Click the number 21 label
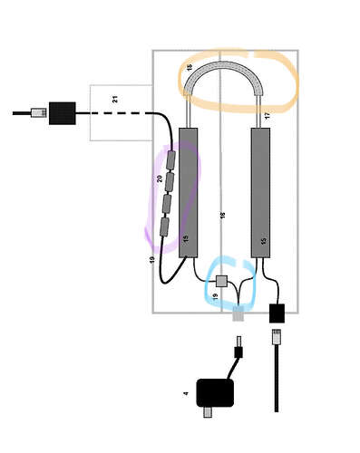pyautogui.click(x=115, y=99)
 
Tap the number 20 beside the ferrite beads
pyautogui.click(x=160, y=178)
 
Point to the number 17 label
pyautogui.click(x=267, y=116)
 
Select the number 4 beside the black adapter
pyautogui.click(x=186, y=393)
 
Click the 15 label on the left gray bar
pyautogui.click(x=186, y=238)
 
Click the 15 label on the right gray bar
pyautogui.click(x=264, y=241)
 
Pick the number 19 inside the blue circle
pyautogui.click(x=215, y=296)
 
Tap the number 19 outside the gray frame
pyautogui.click(x=152, y=260)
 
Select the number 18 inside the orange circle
pyautogui.click(x=190, y=67)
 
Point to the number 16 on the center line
pyautogui.click(x=223, y=216)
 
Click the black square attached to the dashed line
pyautogui.click(x=63, y=113)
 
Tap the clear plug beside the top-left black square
pyautogui.click(x=39, y=113)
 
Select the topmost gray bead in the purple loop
pyautogui.click(x=170, y=160)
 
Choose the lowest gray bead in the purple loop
pyautogui.click(x=164, y=226)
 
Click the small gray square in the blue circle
pyautogui.click(x=221, y=281)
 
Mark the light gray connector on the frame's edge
pyautogui.click(x=238, y=313)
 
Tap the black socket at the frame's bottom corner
pyautogui.click(x=277, y=313)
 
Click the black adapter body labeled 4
pyautogui.click(x=215, y=393)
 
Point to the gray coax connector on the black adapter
pyautogui.click(x=208, y=412)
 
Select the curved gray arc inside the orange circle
pyautogui.click(x=223, y=64)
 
